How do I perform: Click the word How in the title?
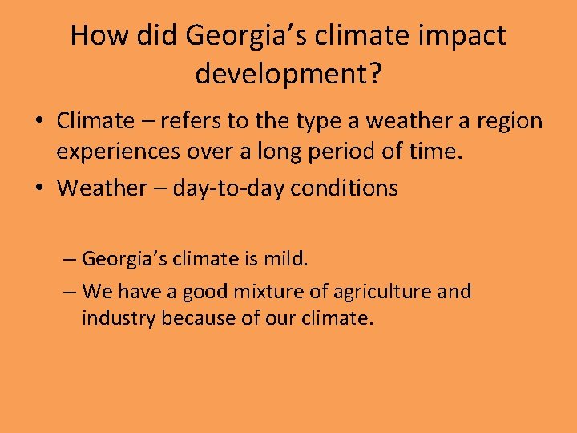[x=95, y=36]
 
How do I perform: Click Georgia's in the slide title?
[x=224, y=36]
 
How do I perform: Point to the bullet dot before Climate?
[x=38, y=122]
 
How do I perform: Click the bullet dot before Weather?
[x=38, y=188]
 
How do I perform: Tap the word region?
[x=510, y=121]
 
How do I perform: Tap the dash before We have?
[x=70, y=291]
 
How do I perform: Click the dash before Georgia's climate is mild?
[x=70, y=259]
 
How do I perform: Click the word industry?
[x=118, y=318]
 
